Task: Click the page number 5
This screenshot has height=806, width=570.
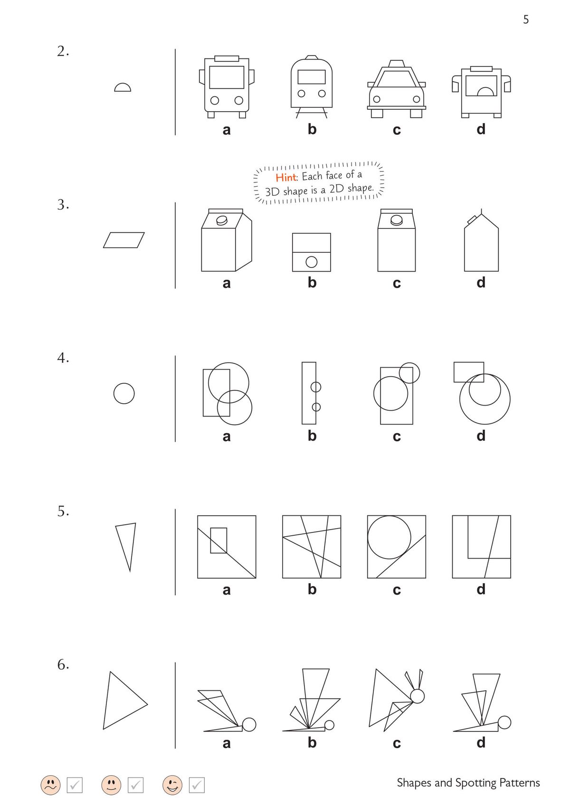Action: [x=525, y=19]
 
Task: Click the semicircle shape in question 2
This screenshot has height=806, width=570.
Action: [x=123, y=88]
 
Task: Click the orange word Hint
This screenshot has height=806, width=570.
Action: [x=285, y=177]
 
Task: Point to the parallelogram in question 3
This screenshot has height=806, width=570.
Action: [x=124, y=240]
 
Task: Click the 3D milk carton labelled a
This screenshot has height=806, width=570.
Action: [x=226, y=240]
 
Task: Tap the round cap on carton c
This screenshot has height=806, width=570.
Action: [x=397, y=220]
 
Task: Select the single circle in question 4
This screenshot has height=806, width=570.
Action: [x=124, y=393]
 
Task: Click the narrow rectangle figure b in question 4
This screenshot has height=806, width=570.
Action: [x=308, y=393]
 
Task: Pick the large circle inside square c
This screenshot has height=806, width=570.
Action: [x=389, y=537]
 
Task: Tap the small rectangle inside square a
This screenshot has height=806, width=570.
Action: [x=218, y=540]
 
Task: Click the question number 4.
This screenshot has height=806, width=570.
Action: [x=63, y=358]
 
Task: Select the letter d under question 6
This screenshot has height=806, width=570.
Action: [x=481, y=742]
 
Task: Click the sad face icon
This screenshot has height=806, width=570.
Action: [x=50, y=785]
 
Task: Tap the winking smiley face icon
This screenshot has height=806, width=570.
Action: [x=172, y=785]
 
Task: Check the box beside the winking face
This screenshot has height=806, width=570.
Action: [x=197, y=785]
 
